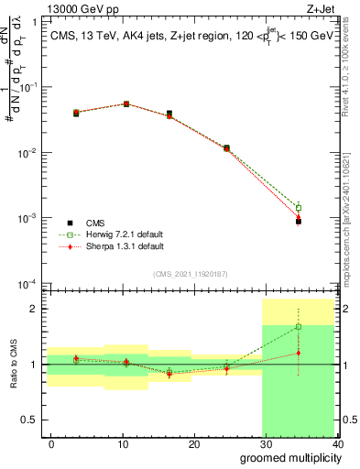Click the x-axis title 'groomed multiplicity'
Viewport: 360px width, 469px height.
coord(286,458)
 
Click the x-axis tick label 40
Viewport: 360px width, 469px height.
coord(337,444)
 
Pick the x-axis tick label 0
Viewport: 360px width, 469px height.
coord(51,444)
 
